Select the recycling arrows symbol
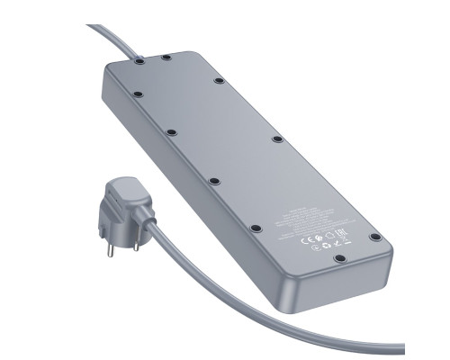327,247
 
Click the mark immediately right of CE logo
317,238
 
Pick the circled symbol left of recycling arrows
315,247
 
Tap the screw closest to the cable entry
140,64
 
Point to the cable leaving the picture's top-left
93,28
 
